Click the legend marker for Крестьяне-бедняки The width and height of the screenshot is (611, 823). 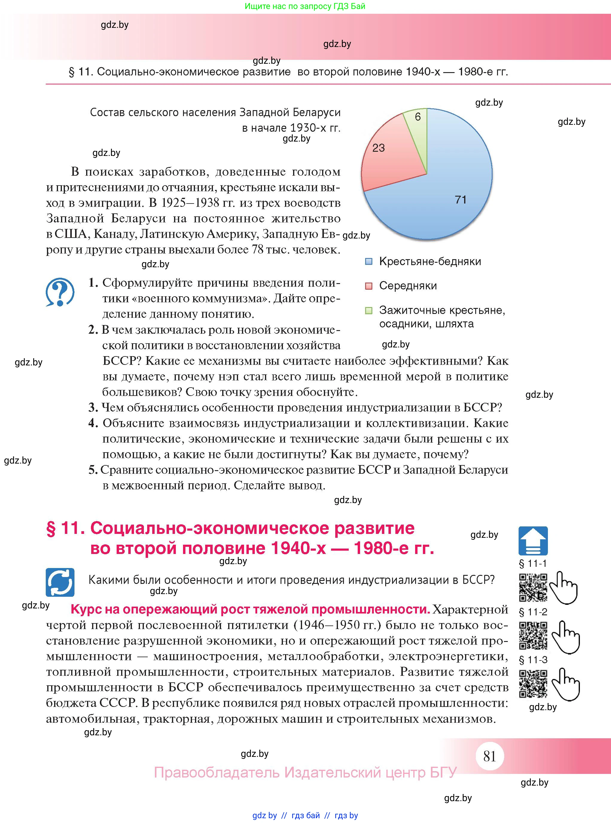369,262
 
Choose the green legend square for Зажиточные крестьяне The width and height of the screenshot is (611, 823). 369,310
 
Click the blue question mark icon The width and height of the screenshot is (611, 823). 60,292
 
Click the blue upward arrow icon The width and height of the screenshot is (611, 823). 533,541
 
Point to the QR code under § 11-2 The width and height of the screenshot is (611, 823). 533,636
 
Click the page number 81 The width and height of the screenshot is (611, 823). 489,756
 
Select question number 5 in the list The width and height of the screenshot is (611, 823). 93,470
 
